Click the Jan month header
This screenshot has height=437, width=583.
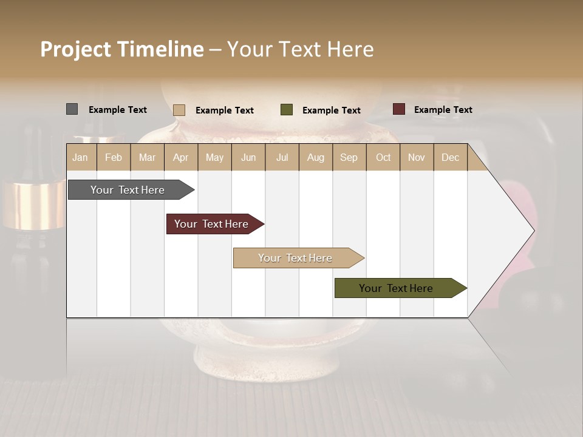point(80,157)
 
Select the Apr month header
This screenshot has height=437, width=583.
point(180,157)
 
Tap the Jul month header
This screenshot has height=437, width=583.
point(282,157)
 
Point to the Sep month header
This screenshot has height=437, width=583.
point(349,157)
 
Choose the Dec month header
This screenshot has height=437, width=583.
point(450,157)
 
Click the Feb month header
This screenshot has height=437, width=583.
point(114,157)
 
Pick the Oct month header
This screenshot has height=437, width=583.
point(383,157)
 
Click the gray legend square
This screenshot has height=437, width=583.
point(72,109)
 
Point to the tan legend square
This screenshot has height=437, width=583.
point(179,110)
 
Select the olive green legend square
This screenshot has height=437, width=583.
point(287,109)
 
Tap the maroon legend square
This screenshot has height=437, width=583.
point(398,109)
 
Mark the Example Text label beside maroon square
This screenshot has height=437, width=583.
point(443,110)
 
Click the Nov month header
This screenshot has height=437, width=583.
point(417,157)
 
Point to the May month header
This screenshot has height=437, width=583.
point(214,157)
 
